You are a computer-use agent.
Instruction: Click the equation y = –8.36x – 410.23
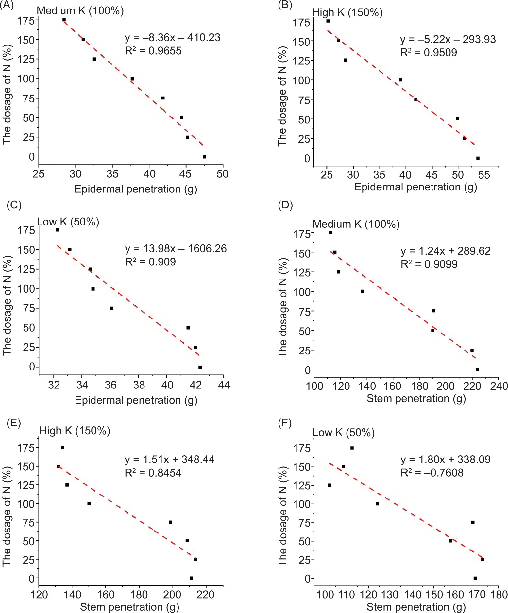[x=173, y=38]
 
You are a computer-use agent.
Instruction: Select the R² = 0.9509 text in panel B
[x=429, y=53]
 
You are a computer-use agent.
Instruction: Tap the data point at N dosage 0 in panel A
[x=204, y=157]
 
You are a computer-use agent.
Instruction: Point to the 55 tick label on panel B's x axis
[x=484, y=175]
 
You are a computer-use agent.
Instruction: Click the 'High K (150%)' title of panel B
[x=347, y=13]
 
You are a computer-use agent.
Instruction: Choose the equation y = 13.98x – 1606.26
[x=176, y=249]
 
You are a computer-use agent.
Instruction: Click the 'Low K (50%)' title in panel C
[x=68, y=222]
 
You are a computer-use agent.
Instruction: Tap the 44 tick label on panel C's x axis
[x=224, y=385]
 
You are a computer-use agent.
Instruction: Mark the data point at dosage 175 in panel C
[x=58, y=230]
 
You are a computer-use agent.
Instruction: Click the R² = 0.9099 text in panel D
[x=429, y=264]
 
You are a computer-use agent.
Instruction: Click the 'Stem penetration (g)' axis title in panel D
[x=416, y=399]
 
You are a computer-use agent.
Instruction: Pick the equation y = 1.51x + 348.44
[x=170, y=460]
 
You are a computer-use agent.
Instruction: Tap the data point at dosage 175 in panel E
[x=63, y=448]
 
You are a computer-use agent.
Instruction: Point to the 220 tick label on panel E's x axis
[x=206, y=595]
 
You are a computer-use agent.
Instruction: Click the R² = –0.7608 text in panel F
[x=432, y=473]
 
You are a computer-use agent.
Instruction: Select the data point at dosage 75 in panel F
[x=473, y=523]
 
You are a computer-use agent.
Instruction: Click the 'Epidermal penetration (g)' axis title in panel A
[x=136, y=189]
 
